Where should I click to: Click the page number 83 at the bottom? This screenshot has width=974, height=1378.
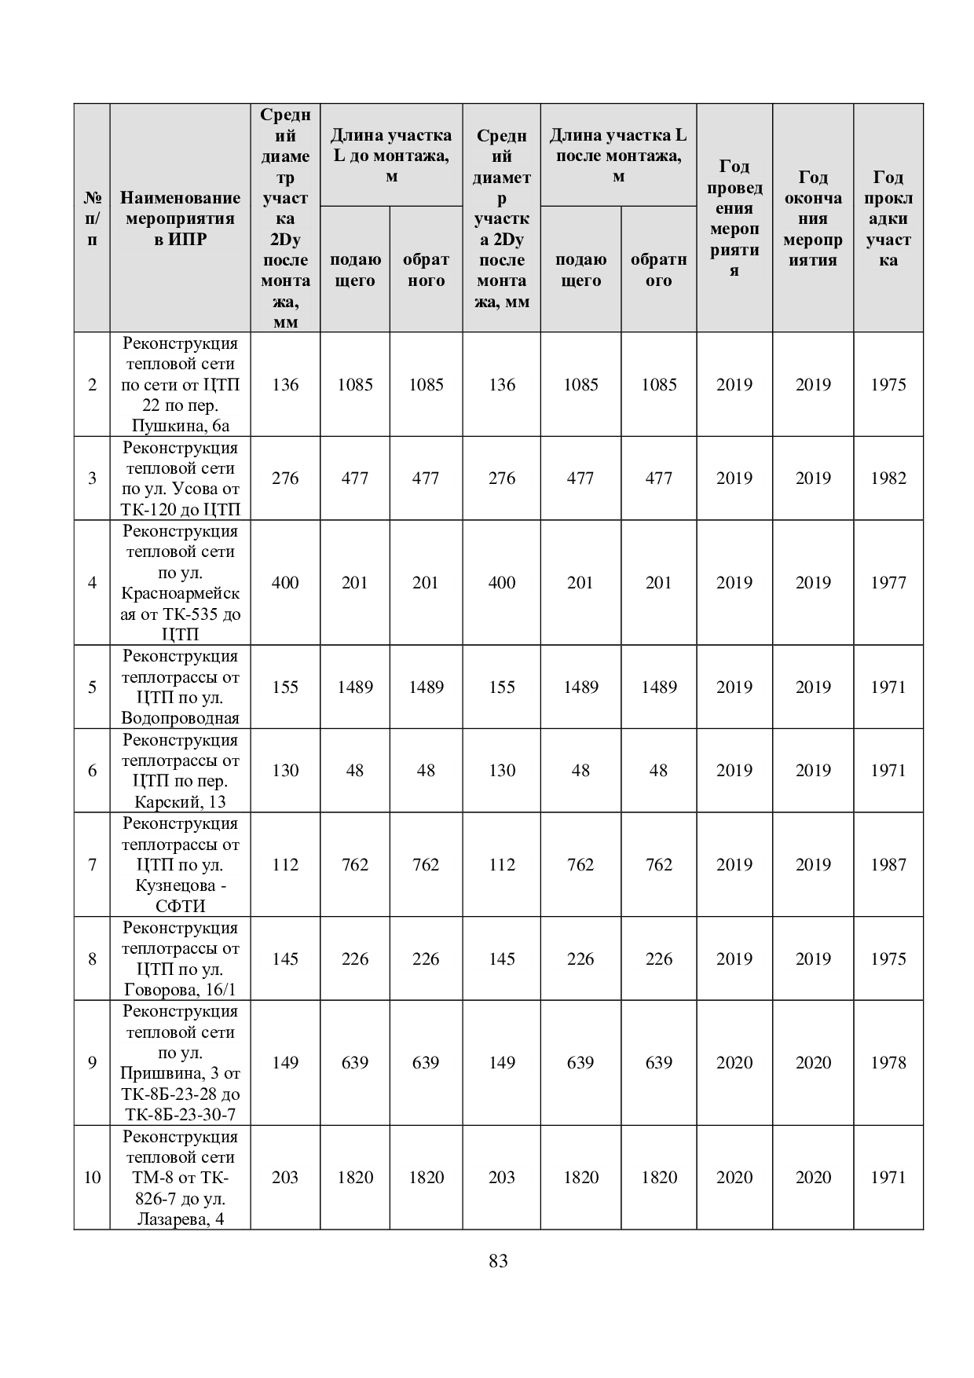[x=497, y=1261]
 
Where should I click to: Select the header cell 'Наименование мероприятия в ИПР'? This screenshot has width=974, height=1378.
[x=180, y=218]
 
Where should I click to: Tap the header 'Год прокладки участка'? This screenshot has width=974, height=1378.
[x=888, y=218]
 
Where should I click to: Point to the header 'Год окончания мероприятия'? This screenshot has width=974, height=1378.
[x=812, y=218]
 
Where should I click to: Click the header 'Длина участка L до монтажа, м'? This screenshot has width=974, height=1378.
[x=391, y=156]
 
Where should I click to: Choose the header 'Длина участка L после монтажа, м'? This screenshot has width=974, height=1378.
[x=618, y=156]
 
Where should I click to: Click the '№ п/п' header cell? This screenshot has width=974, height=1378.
[x=92, y=218]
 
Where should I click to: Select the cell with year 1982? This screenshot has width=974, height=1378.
[x=888, y=478]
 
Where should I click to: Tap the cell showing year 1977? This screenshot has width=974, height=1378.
[x=888, y=583]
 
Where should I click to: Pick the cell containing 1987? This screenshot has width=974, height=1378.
[x=888, y=865]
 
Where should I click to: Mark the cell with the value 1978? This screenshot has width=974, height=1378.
[x=888, y=1063]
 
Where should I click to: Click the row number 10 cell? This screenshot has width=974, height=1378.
[x=92, y=1177]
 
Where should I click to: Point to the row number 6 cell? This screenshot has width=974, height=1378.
[x=92, y=771]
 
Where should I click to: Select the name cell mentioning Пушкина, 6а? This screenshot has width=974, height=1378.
[x=180, y=385]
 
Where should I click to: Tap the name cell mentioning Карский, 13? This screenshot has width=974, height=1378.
[x=180, y=771]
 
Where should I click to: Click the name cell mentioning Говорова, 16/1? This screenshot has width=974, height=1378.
[x=180, y=958]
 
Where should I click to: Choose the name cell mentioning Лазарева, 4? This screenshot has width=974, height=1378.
[x=180, y=1178]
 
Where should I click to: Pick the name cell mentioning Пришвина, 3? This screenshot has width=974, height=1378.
[x=180, y=1063]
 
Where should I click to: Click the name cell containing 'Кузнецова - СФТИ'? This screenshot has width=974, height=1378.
[x=180, y=865]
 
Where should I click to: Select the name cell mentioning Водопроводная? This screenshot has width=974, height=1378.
[x=180, y=687]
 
